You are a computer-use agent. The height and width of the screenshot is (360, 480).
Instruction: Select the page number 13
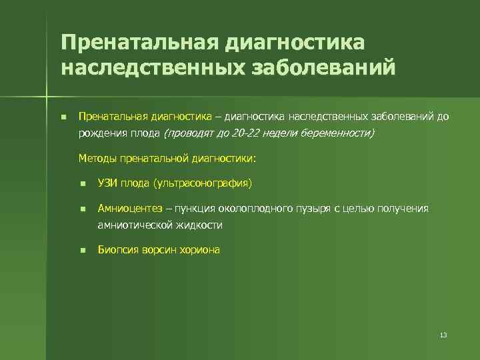point(443,335)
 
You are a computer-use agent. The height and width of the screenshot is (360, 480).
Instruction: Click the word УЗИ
point(107,183)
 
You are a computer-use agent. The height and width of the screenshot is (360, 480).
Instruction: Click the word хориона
point(198,250)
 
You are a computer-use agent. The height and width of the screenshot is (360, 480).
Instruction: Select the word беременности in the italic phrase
point(338,133)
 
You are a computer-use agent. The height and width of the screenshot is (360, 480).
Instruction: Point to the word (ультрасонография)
point(201,183)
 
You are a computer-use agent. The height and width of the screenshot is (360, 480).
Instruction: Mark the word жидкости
point(200,225)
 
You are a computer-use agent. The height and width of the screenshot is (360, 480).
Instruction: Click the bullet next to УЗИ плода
point(82,183)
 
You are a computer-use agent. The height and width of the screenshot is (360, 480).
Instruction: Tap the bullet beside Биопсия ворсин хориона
point(82,251)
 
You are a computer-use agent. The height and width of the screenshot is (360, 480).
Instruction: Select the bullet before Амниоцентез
point(82,209)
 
